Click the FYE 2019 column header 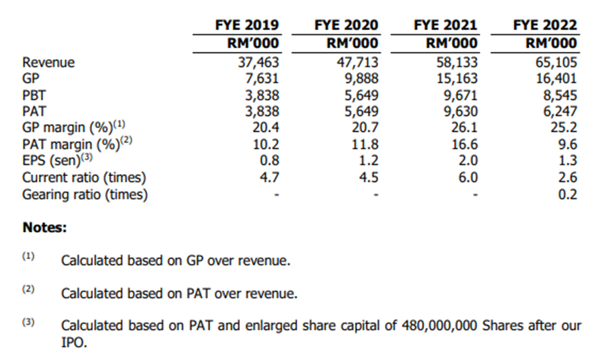point(247,25)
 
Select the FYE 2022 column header point(545,25)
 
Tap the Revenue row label point(48,63)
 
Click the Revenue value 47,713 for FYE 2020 point(356,63)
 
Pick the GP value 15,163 point(455,79)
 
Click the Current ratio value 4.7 point(267,178)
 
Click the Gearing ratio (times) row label point(85,194)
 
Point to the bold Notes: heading point(44,228)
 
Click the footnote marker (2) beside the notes point(28,289)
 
